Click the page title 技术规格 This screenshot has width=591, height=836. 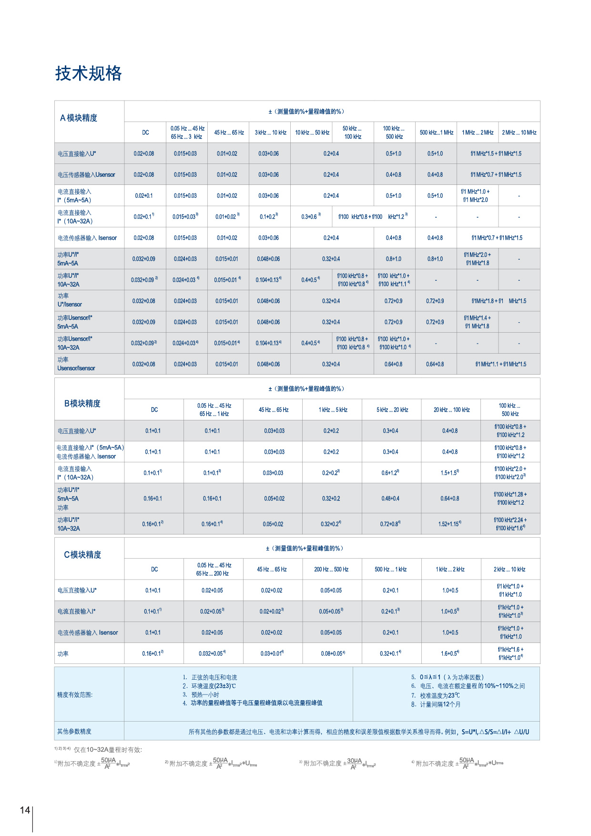coord(89,74)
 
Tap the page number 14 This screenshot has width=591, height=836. coord(25,810)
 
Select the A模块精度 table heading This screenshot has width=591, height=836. coord(79,118)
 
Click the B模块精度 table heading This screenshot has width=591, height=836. coord(82,403)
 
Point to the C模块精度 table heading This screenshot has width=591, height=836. coord(82,554)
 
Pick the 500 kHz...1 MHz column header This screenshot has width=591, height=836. coord(436,133)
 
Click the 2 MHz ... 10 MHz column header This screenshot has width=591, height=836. coord(519,133)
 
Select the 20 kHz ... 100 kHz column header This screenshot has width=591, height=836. coord(451,410)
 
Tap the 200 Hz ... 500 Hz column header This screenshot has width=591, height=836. coord(331,569)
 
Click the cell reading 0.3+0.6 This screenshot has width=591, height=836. coord(311,216)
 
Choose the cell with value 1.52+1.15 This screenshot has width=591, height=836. coord(449,524)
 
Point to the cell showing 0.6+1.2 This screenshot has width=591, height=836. coord(390,473)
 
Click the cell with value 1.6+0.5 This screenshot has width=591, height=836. coord(449,653)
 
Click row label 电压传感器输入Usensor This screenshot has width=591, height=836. coord(86,175)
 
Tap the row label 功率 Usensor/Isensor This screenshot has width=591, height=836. coord(76,364)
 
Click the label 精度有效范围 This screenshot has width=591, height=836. coord(75,695)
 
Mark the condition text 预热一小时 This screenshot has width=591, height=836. coord(205,695)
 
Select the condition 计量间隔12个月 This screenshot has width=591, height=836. coord(440,704)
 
